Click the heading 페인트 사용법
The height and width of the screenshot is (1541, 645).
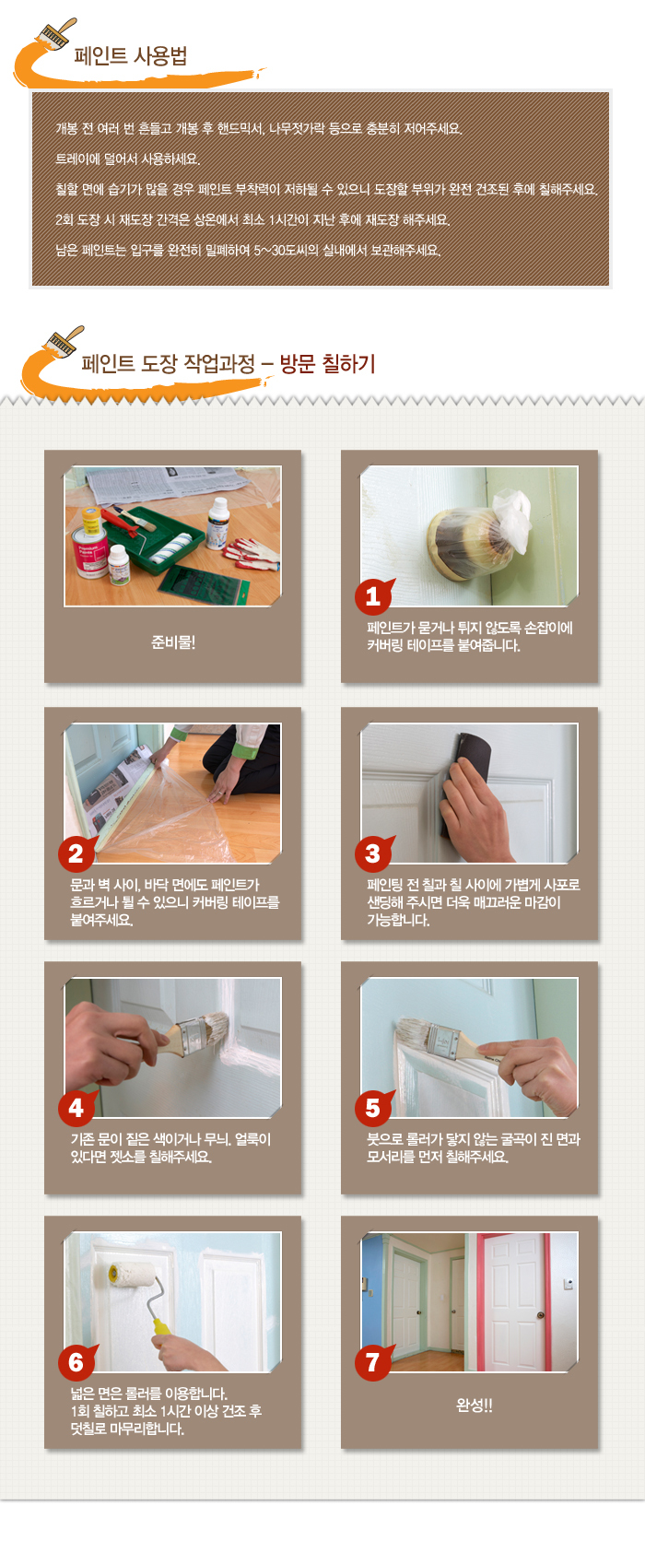pyautogui.click(x=131, y=55)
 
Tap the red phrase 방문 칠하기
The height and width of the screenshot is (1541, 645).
pyautogui.click(x=327, y=363)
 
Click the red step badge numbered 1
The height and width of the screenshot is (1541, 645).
pyautogui.click(x=373, y=595)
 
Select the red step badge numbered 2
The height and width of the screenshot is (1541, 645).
pyautogui.click(x=76, y=853)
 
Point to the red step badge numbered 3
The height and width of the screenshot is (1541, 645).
pyautogui.click(x=373, y=853)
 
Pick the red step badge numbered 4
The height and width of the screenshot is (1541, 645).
pyautogui.click(x=76, y=1108)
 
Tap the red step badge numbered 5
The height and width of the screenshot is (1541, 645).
pyautogui.click(x=373, y=1108)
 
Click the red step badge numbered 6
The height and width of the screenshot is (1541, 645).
pyautogui.click(x=76, y=1362)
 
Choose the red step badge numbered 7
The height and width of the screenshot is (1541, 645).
pyautogui.click(x=373, y=1362)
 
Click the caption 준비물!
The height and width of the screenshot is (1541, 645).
pyautogui.click(x=173, y=642)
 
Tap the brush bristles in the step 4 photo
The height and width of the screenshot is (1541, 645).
pyautogui.click(x=217, y=1031)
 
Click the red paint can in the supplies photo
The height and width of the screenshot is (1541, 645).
pyautogui.click(x=89, y=555)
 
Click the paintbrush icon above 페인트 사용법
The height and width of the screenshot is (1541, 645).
pyautogui.click(x=58, y=33)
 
